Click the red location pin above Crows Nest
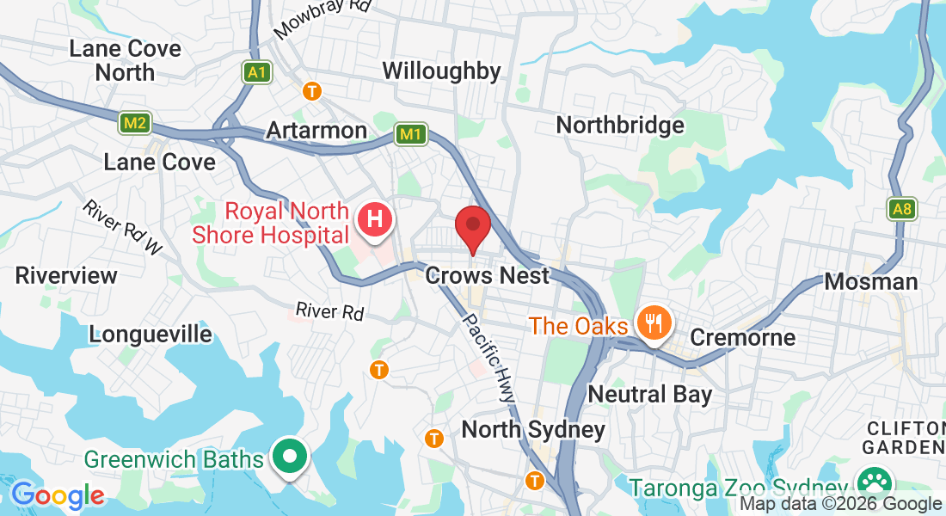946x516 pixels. pyautogui.click(x=472, y=225)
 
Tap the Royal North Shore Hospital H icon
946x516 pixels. pyautogui.click(x=375, y=218)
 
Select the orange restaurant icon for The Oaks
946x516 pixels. pyautogui.click(x=654, y=324)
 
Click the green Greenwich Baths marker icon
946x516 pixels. pyautogui.click(x=290, y=456)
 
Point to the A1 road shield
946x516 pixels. pyautogui.click(x=255, y=72)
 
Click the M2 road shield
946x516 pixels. pyautogui.click(x=134, y=124)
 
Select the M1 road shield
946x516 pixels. pyautogui.click(x=411, y=134)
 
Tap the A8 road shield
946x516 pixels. pyautogui.click(x=901, y=208)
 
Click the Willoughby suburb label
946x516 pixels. pyautogui.click(x=441, y=71)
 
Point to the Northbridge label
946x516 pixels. pyautogui.click(x=620, y=126)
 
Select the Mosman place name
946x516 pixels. pyautogui.click(x=870, y=281)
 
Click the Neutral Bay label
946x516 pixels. pyautogui.click(x=649, y=395)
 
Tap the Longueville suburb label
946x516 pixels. pyautogui.click(x=150, y=334)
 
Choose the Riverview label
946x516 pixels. pyautogui.click(x=66, y=276)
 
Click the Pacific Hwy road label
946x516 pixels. pyautogui.click(x=488, y=356)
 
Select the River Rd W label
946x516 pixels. pyautogui.click(x=122, y=228)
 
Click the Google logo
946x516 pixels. pyautogui.click(x=57, y=495)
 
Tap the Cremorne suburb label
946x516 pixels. pyautogui.click(x=742, y=337)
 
